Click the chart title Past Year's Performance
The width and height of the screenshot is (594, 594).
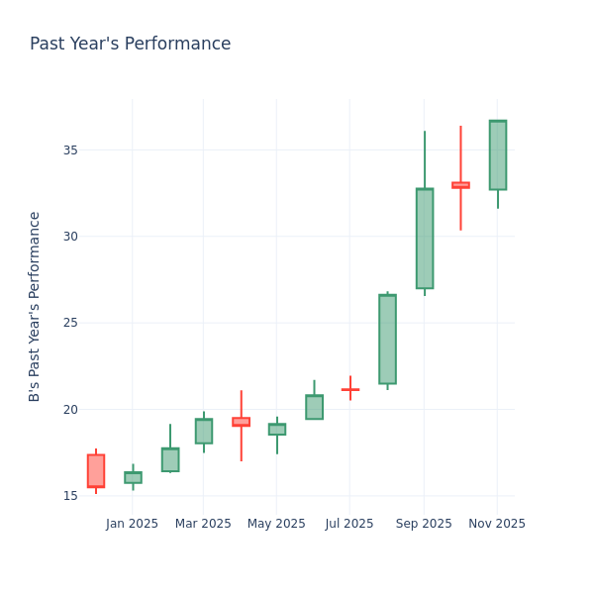130,45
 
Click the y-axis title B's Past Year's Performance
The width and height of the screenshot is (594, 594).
36,306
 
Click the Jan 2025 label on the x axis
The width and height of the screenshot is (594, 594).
133,524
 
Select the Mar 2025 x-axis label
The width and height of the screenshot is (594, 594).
203,524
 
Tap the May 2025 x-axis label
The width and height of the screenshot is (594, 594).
276,524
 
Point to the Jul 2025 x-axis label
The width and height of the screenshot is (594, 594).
349,524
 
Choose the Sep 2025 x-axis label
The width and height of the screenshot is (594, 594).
424,524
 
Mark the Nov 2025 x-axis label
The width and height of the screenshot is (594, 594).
497,524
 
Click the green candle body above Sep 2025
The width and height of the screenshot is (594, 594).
425,239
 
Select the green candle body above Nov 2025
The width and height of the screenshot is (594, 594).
498,155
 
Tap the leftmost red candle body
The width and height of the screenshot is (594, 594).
96,471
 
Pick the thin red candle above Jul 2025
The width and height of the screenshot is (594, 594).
350,389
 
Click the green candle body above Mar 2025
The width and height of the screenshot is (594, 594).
203,431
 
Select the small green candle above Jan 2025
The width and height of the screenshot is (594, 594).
133,477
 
